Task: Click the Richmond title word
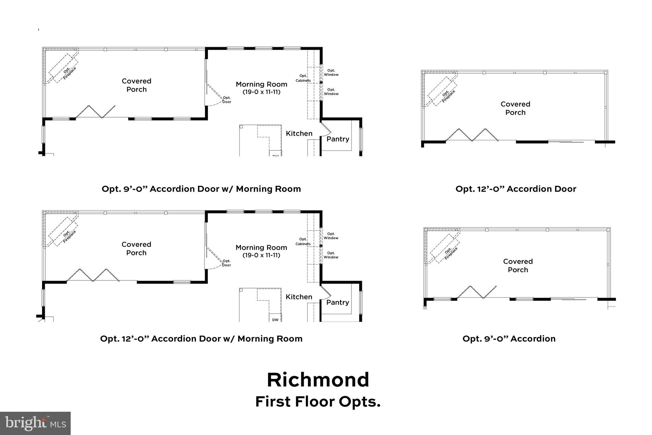click(318, 380)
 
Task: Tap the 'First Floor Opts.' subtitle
click(318, 402)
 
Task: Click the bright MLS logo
click(35, 423)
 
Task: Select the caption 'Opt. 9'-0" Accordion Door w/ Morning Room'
click(201, 189)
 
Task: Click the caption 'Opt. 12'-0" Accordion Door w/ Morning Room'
click(201, 339)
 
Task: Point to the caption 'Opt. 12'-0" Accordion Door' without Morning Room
click(516, 189)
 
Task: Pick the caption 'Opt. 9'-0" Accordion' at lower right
click(509, 339)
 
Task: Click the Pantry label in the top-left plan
click(338, 139)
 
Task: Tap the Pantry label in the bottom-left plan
click(337, 302)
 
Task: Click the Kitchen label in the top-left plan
click(299, 134)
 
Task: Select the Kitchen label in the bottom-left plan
click(299, 297)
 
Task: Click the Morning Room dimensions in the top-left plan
click(261, 92)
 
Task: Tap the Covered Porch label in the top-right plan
click(515, 108)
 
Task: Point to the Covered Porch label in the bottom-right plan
click(518, 265)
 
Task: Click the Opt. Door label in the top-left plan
click(226, 100)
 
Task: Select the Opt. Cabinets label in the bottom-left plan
click(303, 242)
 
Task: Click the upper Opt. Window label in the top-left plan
click(331, 73)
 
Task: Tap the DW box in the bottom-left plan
click(275, 319)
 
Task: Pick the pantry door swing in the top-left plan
click(327, 128)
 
